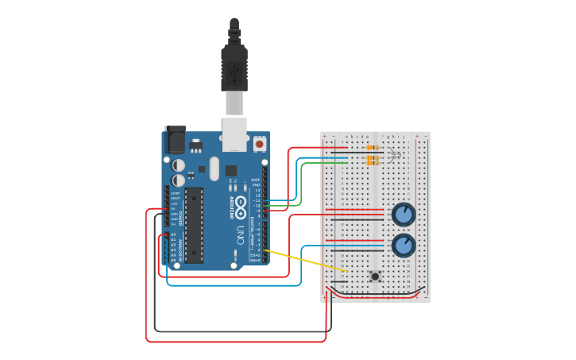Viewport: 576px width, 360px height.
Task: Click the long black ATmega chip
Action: click(x=195, y=225)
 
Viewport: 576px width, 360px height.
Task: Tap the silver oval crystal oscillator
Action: click(x=213, y=168)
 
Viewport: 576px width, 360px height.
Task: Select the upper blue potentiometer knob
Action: click(x=404, y=214)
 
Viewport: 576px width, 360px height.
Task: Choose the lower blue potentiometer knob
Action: click(x=404, y=245)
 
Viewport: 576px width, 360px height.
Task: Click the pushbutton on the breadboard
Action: click(x=374, y=277)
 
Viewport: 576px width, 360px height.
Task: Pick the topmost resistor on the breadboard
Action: click(x=372, y=148)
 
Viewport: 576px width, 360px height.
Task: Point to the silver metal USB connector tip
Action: click(x=234, y=103)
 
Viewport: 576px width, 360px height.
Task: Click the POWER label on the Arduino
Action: click(x=180, y=216)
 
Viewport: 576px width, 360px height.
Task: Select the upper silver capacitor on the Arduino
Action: click(x=180, y=166)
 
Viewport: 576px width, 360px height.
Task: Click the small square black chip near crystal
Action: click(x=230, y=170)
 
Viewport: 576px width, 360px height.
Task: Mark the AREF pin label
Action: click(x=256, y=180)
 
